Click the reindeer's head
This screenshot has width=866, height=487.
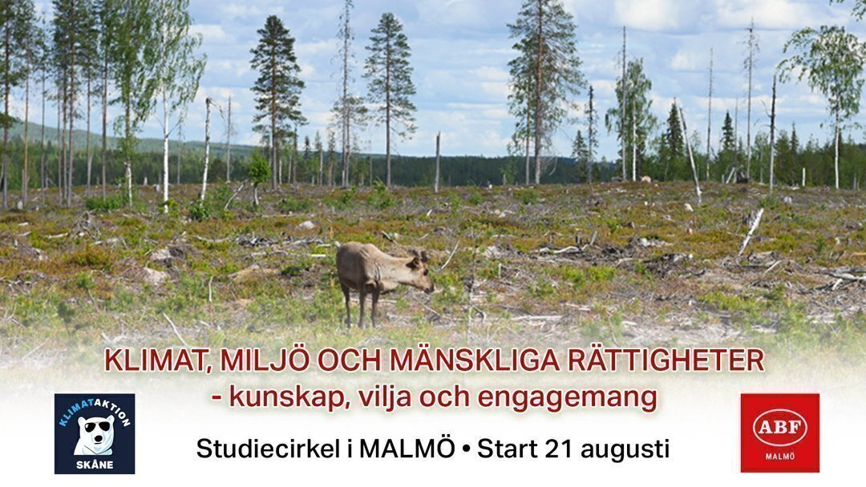point(421,272)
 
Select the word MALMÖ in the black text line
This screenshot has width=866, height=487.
point(407,449)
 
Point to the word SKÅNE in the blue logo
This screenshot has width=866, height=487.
point(95,465)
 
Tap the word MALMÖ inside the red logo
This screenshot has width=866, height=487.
point(780,457)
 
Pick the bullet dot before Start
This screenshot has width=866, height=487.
point(466,450)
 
